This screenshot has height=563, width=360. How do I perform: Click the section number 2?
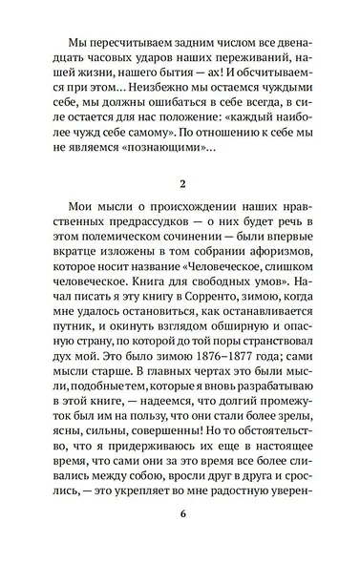point(180,209)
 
